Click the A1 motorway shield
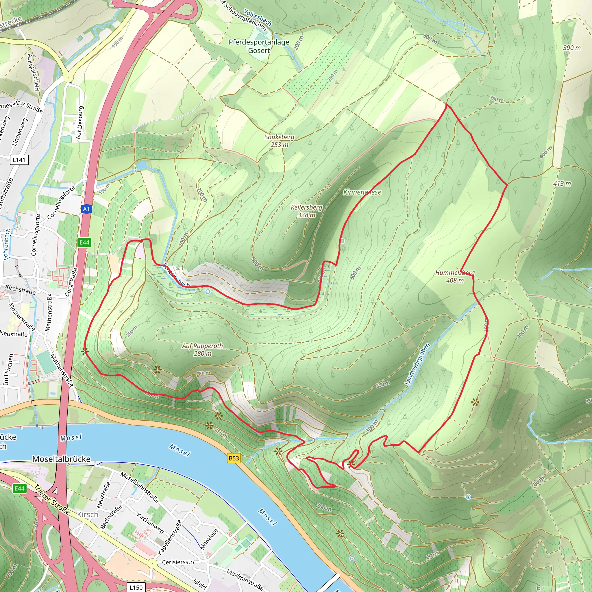coord(86,209)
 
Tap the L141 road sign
coord(19,160)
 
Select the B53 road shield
coord(234,458)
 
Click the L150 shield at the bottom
coord(136,587)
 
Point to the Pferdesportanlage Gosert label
coord(259,46)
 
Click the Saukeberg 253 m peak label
coord(279,141)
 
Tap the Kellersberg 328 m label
coord(306,211)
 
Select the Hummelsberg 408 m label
coord(455,276)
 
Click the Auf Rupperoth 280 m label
coord(203,349)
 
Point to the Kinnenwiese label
coord(362,192)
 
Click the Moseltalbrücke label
coord(61,459)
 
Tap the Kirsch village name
coord(88,514)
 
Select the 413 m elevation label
coord(562,183)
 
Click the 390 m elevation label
coord(572,47)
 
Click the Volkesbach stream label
coord(257,17)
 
